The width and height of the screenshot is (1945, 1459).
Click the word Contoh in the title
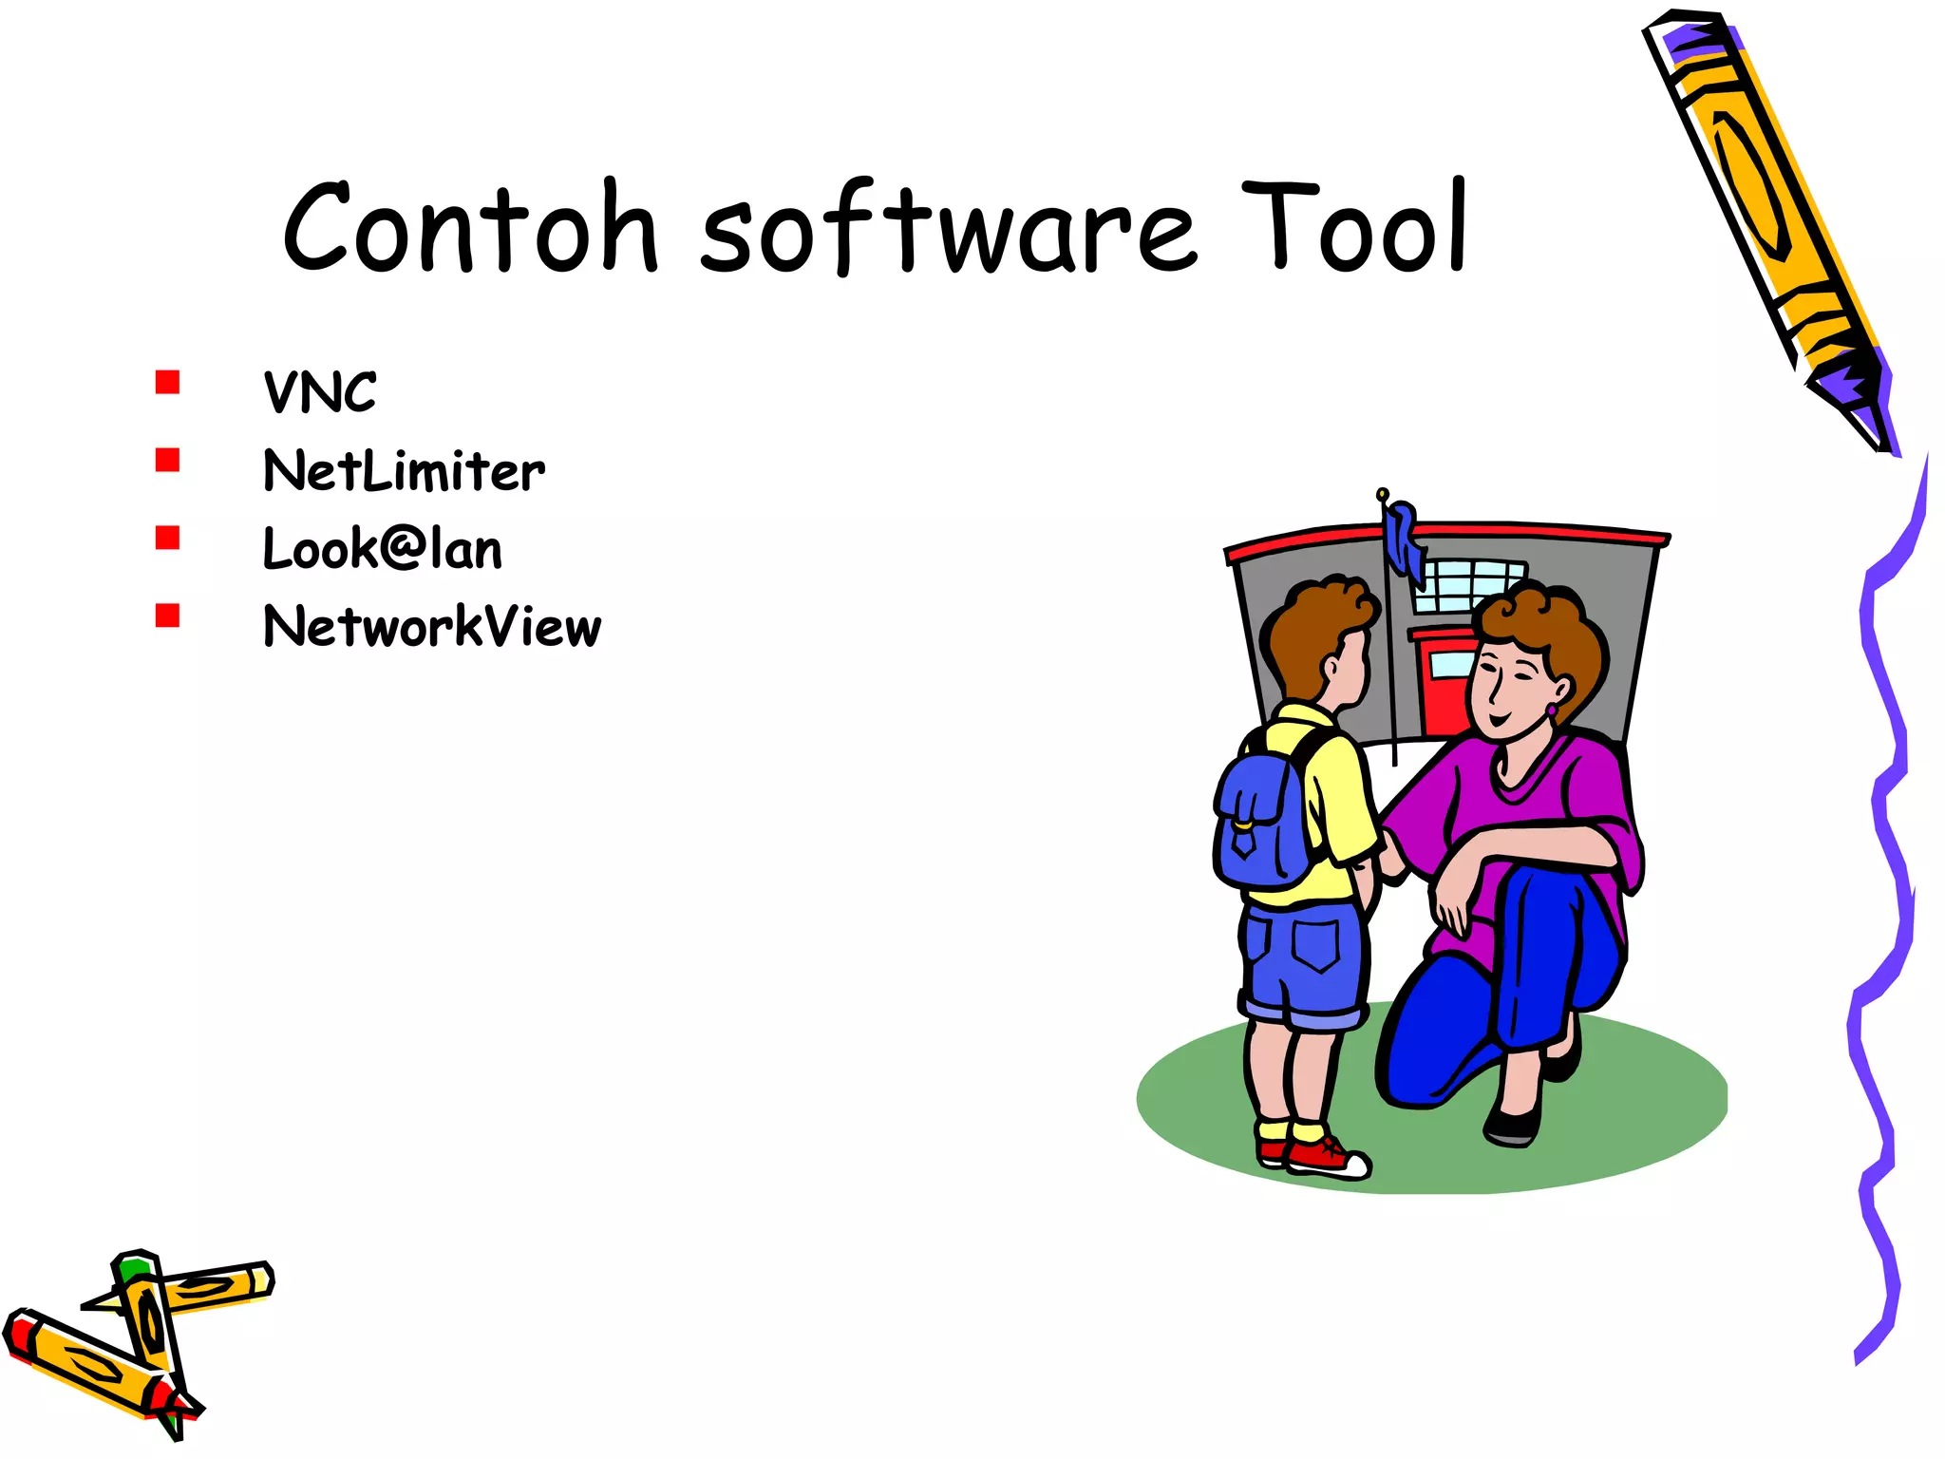click(470, 228)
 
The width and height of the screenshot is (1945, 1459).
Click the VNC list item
click(320, 392)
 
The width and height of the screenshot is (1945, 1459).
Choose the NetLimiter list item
click(405, 471)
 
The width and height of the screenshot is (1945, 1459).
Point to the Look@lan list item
click(383, 549)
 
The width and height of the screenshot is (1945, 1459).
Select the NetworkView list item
click(432, 627)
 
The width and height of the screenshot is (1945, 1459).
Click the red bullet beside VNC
click(168, 382)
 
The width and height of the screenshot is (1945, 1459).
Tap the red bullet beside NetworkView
click(168, 616)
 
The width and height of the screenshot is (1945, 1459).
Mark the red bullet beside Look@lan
click(168, 538)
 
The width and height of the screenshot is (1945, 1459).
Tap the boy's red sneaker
click(1325, 1157)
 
